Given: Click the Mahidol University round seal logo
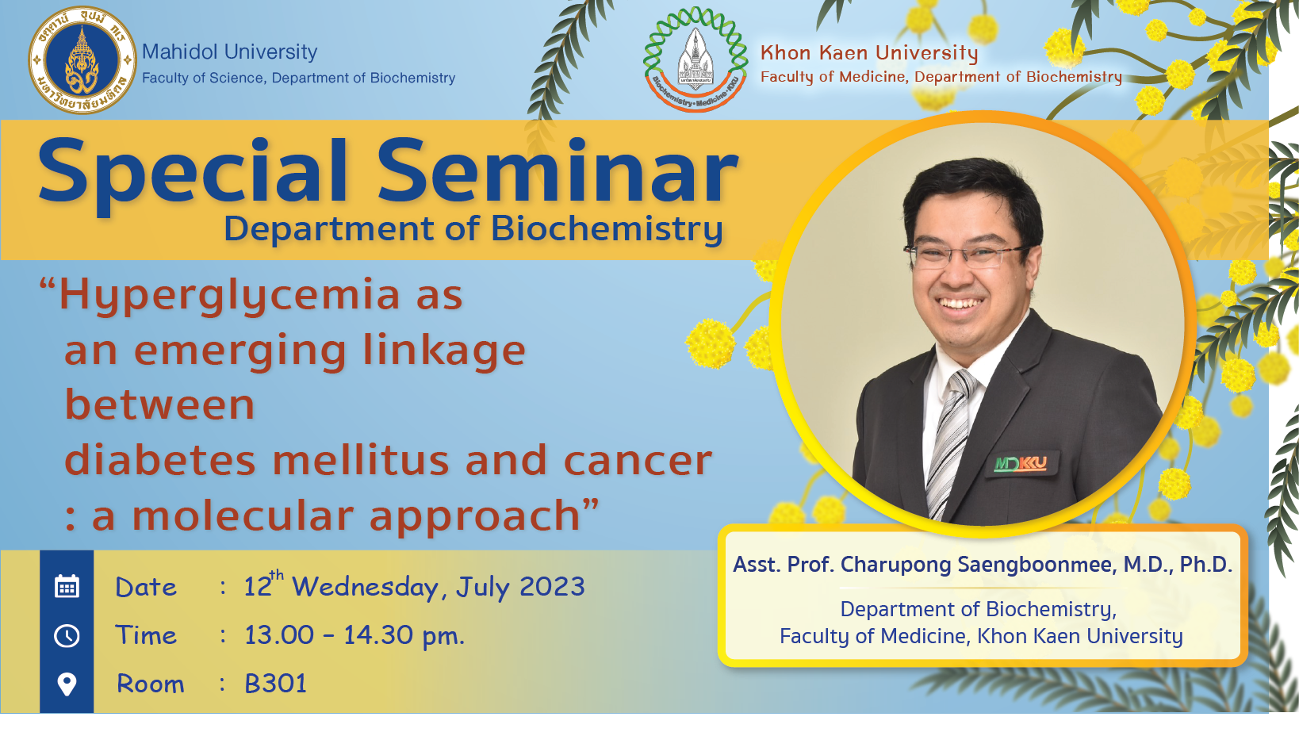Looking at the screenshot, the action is point(82,59).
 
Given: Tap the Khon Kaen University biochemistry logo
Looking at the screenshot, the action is point(695,59).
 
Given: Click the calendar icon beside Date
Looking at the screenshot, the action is point(67,586).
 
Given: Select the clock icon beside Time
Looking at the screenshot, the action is point(67,636).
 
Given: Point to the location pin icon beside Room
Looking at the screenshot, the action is point(67,684).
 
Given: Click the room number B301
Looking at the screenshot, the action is point(275,684).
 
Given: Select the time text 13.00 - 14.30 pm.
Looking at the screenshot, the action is point(354,636).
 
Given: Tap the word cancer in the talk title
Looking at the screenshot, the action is point(638,461).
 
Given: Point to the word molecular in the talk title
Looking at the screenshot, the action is point(243,515).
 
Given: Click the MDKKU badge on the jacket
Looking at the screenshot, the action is point(1021,463).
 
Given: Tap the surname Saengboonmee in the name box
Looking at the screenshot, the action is point(1037,565).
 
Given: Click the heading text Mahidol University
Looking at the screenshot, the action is point(230,52).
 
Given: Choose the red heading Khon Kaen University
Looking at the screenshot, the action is point(869,53).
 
